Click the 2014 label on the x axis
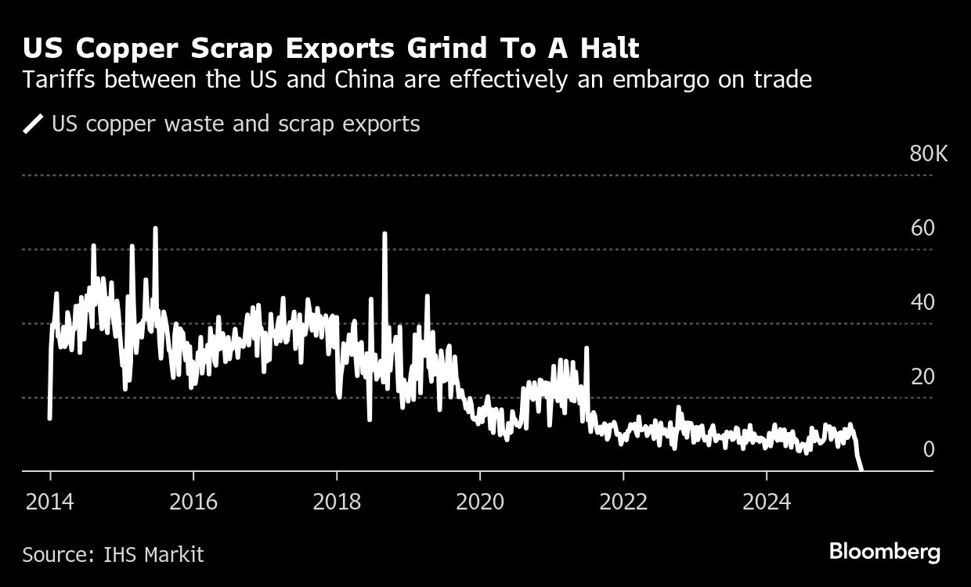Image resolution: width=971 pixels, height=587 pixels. click(x=50, y=502)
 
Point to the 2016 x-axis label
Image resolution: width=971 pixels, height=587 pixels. click(x=193, y=502)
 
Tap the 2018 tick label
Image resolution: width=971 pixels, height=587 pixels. click(x=337, y=502)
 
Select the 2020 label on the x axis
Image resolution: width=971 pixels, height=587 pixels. click(x=480, y=502)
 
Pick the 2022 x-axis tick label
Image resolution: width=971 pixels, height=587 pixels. click(x=623, y=502)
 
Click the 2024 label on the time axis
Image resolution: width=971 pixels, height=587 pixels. click(x=767, y=502)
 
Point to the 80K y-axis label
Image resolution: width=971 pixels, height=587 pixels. click(x=929, y=154)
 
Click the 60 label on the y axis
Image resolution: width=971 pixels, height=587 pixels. click(x=923, y=229)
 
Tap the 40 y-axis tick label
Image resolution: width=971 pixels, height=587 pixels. click(x=923, y=303)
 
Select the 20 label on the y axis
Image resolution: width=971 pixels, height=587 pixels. click(x=923, y=376)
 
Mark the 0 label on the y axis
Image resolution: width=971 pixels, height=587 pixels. click(x=929, y=449)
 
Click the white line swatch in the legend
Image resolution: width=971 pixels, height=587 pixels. click(x=34, y=124)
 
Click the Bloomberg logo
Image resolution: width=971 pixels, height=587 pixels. click(x=885, y=552)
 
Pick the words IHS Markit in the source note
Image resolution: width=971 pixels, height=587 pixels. click(x=153, y=555)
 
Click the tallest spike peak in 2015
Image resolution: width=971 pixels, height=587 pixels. click(x=155, y=228)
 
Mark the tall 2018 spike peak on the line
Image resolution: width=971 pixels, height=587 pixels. click(x=385, y=233)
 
